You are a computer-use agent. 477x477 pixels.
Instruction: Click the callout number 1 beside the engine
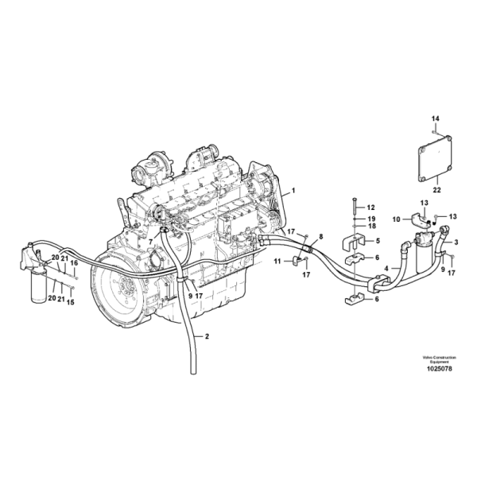(293, 191)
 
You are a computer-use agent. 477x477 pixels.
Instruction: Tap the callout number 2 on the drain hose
(207, 336)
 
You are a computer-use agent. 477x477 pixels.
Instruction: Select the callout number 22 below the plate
(436, 190)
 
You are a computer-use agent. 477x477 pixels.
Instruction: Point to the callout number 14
(436, 118)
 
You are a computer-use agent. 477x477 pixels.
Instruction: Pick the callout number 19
(371, 219)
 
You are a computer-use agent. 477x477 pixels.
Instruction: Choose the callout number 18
(371, 226)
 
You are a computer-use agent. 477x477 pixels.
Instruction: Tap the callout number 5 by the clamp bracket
(378, 241)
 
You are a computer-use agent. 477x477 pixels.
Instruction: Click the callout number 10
(397, 219)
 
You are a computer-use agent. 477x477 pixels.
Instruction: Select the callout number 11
(277, 261)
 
